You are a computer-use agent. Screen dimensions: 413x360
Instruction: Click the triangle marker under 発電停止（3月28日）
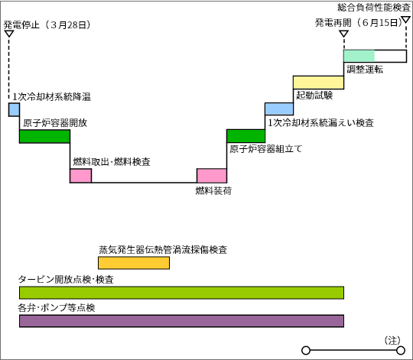[x=9, y=34]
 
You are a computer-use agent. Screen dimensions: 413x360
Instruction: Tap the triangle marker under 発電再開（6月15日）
[x=343, y=34]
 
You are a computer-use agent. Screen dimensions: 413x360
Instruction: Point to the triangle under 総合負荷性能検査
[x=405, y=20]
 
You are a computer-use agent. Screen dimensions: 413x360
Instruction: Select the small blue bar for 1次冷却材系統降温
[x=14, y=109]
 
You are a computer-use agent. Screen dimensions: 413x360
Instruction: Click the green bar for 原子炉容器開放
[x=45, y=137]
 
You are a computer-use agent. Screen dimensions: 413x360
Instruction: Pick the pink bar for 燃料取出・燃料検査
[x=81, y=176]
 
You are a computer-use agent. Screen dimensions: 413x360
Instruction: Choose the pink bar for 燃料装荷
[x=212, y=176]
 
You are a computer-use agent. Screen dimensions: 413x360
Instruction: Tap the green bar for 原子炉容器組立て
[x=246, y=136]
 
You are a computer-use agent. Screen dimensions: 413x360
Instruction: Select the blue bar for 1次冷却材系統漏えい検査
[x=279, y=109]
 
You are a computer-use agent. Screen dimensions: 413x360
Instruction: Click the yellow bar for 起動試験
[x=318, y=83]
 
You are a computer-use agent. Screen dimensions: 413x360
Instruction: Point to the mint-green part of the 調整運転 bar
[x=359, y=56]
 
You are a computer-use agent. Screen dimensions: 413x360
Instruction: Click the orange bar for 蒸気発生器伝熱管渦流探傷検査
[x=134, y=263]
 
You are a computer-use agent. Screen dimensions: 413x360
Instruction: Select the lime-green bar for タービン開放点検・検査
[x=181, y=293]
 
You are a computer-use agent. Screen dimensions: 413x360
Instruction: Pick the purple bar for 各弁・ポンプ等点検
[x=181, y=321]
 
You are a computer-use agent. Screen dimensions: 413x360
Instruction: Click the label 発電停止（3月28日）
[x=47, y=25]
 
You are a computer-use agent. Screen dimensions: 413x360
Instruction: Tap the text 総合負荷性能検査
[x=374, y=8]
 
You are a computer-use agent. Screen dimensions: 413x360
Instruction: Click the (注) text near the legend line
[x=392, y=340]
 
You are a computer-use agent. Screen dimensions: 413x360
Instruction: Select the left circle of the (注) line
[x=306, y=351]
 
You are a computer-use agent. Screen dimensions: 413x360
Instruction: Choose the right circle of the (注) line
[x=401, y=351]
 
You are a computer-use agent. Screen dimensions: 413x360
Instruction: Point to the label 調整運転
[x=365, y=70]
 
